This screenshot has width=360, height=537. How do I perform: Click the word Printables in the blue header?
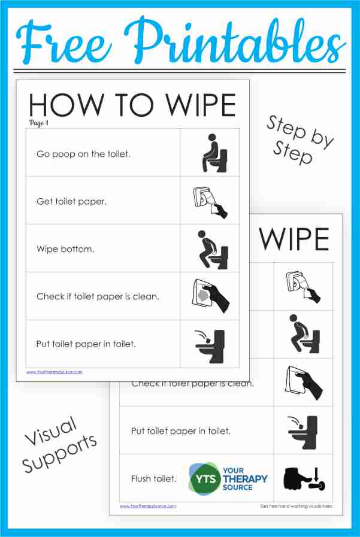236,39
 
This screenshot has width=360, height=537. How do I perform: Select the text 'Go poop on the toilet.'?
83,154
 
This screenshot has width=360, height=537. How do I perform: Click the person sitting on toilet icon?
214,153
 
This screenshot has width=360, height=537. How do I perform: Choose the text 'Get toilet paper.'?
71,201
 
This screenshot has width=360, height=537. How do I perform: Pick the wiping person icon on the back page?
303,334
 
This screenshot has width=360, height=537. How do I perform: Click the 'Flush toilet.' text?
153,479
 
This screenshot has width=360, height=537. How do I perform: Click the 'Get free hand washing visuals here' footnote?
296,506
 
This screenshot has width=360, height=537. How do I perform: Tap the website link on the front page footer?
55,372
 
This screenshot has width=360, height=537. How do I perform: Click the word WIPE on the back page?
294,240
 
